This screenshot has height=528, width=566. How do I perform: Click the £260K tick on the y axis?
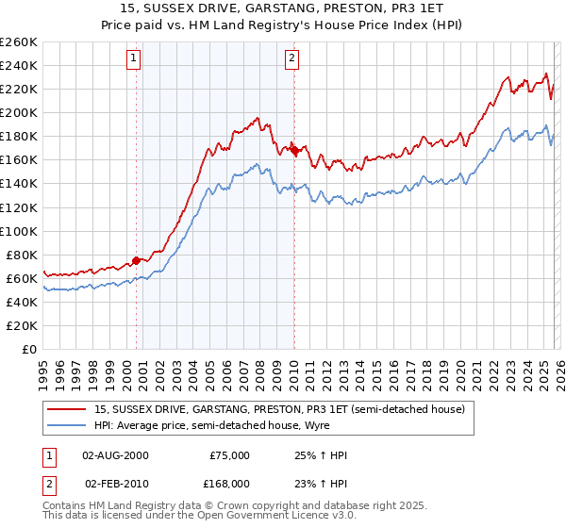(x=19, y=42)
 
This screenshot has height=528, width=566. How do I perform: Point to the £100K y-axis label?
(x=19, y=231)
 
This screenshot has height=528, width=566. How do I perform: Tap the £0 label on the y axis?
(x=28, y=349)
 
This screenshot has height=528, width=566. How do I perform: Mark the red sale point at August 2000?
(x=136, y=260)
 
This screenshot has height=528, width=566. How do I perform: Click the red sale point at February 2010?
(x=294, y=150)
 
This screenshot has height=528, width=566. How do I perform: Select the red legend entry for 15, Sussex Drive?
(x=279, y=410)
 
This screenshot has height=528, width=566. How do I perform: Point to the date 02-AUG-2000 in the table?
(x=115, y=455)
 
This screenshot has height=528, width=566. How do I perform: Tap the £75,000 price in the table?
(x=228, y=455)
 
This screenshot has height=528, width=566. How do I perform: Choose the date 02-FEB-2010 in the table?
(x=115, y=483)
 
